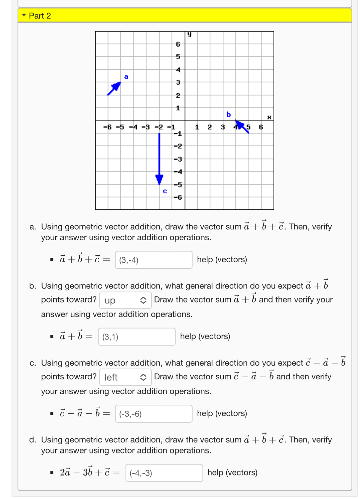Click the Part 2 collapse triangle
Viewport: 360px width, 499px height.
24,15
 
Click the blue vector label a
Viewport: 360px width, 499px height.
126,77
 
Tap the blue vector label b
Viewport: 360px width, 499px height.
229,114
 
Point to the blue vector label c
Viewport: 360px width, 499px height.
165,191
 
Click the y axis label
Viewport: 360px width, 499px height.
189,34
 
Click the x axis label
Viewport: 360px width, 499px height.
269,117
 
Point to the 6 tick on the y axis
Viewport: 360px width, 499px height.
178,44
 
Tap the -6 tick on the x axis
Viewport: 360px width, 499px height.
107,127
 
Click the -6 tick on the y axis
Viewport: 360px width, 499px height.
178,197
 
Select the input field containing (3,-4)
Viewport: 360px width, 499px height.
153,260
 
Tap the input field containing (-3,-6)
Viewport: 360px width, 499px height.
153,414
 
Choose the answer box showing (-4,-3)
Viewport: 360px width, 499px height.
164,473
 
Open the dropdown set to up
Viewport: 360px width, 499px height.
125,300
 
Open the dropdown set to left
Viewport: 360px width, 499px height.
125,377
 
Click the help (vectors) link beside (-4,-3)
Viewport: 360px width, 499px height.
232,473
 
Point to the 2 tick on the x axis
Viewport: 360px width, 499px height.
210,127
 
